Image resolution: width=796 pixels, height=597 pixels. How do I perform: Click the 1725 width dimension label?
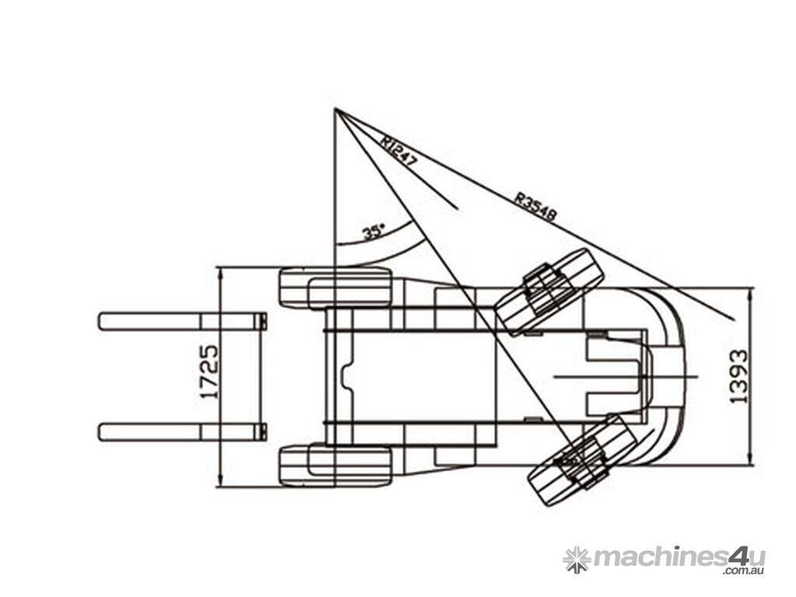point(210,372)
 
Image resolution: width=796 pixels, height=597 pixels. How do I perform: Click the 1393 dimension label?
point(739,376)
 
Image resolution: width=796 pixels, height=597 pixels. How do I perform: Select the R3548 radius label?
point(536,206)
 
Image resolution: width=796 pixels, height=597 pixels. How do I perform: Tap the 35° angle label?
point(374,232)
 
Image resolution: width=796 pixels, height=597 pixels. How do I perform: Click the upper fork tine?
point(183,321)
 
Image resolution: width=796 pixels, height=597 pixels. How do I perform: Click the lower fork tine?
point(183,431)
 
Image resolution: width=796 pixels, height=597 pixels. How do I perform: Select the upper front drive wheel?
point(336,288)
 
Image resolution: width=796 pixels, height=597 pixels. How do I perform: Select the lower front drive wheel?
point(336,466)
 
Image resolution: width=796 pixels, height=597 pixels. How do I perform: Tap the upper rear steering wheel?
point(550,292)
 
